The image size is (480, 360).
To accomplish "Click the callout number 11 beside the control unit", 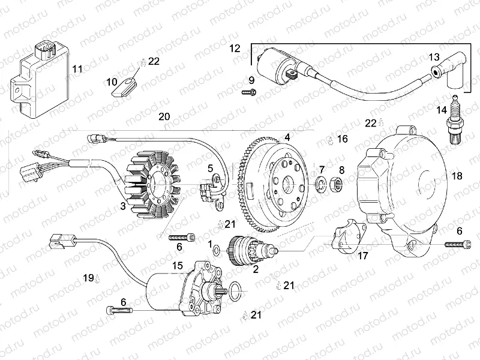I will coord(77,69).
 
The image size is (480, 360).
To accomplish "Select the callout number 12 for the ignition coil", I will coord(235,47).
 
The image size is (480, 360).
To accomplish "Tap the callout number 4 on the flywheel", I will coord(287,137).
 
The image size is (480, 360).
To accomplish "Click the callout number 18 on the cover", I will coord(457,176).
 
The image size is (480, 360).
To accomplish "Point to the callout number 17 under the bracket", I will coord(362,257).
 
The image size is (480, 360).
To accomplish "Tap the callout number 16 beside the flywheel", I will coord(342,139).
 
